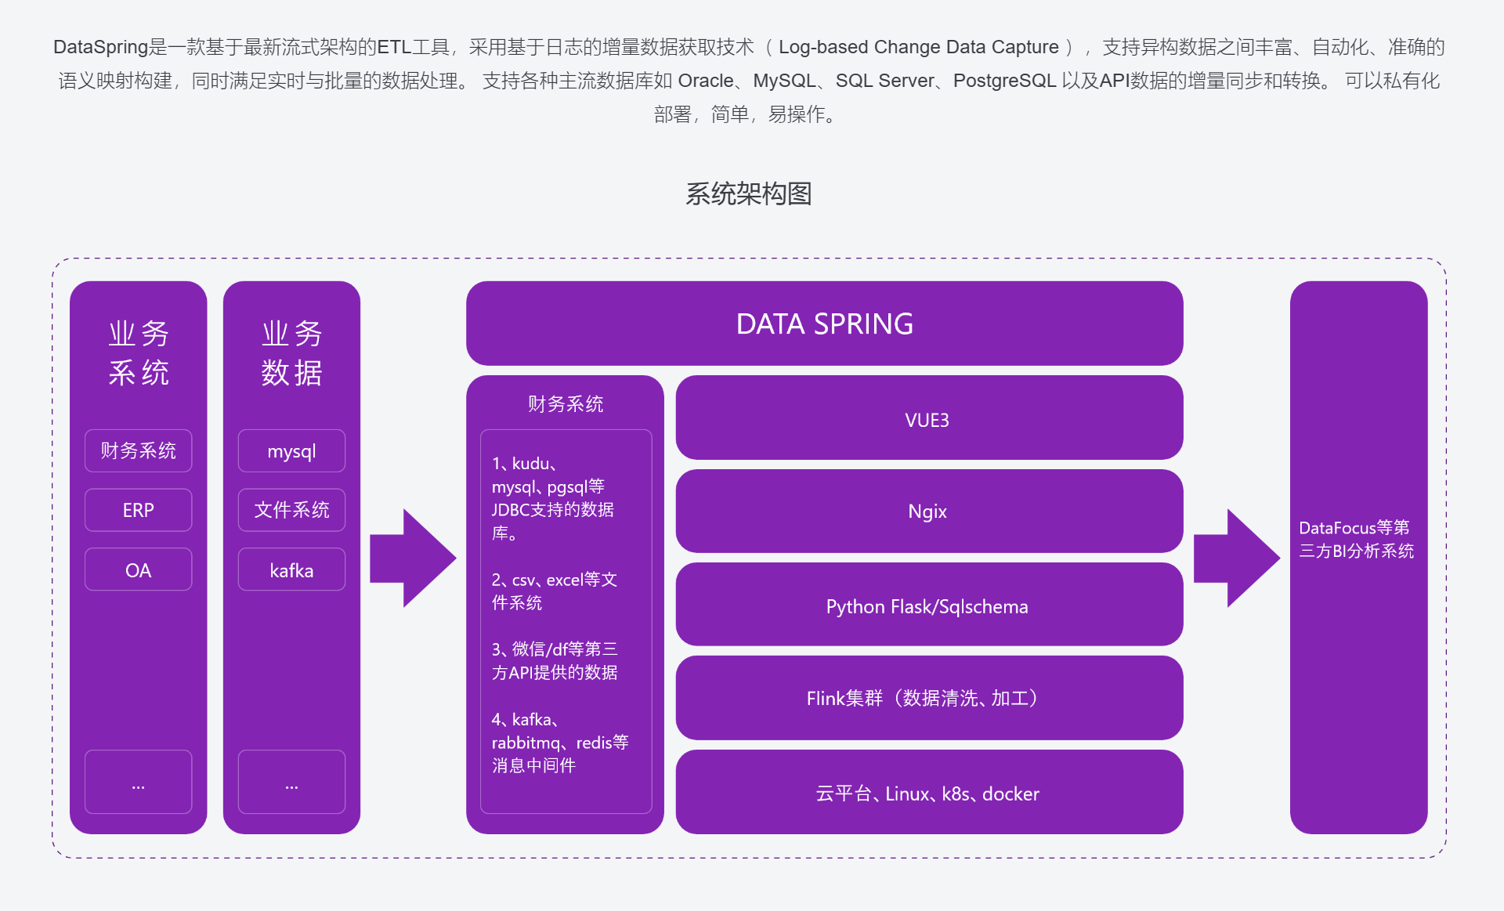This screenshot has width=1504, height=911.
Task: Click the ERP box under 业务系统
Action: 138,510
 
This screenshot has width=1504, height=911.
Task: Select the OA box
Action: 138,569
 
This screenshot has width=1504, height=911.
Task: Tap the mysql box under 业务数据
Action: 291,451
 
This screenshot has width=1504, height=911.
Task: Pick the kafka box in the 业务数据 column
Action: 291,569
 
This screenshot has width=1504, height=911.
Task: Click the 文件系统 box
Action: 291,510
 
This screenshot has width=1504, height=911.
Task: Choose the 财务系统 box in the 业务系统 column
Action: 138,450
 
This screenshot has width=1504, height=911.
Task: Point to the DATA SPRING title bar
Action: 824,324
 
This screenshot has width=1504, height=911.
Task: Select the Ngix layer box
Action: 928,511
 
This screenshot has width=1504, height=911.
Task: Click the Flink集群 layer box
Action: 928,698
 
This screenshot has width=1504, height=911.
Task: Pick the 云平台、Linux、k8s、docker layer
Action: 928,793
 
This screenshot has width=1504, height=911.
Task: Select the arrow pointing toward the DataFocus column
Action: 1235,558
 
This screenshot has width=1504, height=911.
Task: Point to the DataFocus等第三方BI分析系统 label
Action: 1357,539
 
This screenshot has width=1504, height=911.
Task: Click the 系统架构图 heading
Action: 748,193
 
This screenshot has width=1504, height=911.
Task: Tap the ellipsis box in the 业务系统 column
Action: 138,782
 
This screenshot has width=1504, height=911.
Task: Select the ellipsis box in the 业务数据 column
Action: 291,782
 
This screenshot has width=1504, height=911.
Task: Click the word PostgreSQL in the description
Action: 1004,81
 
